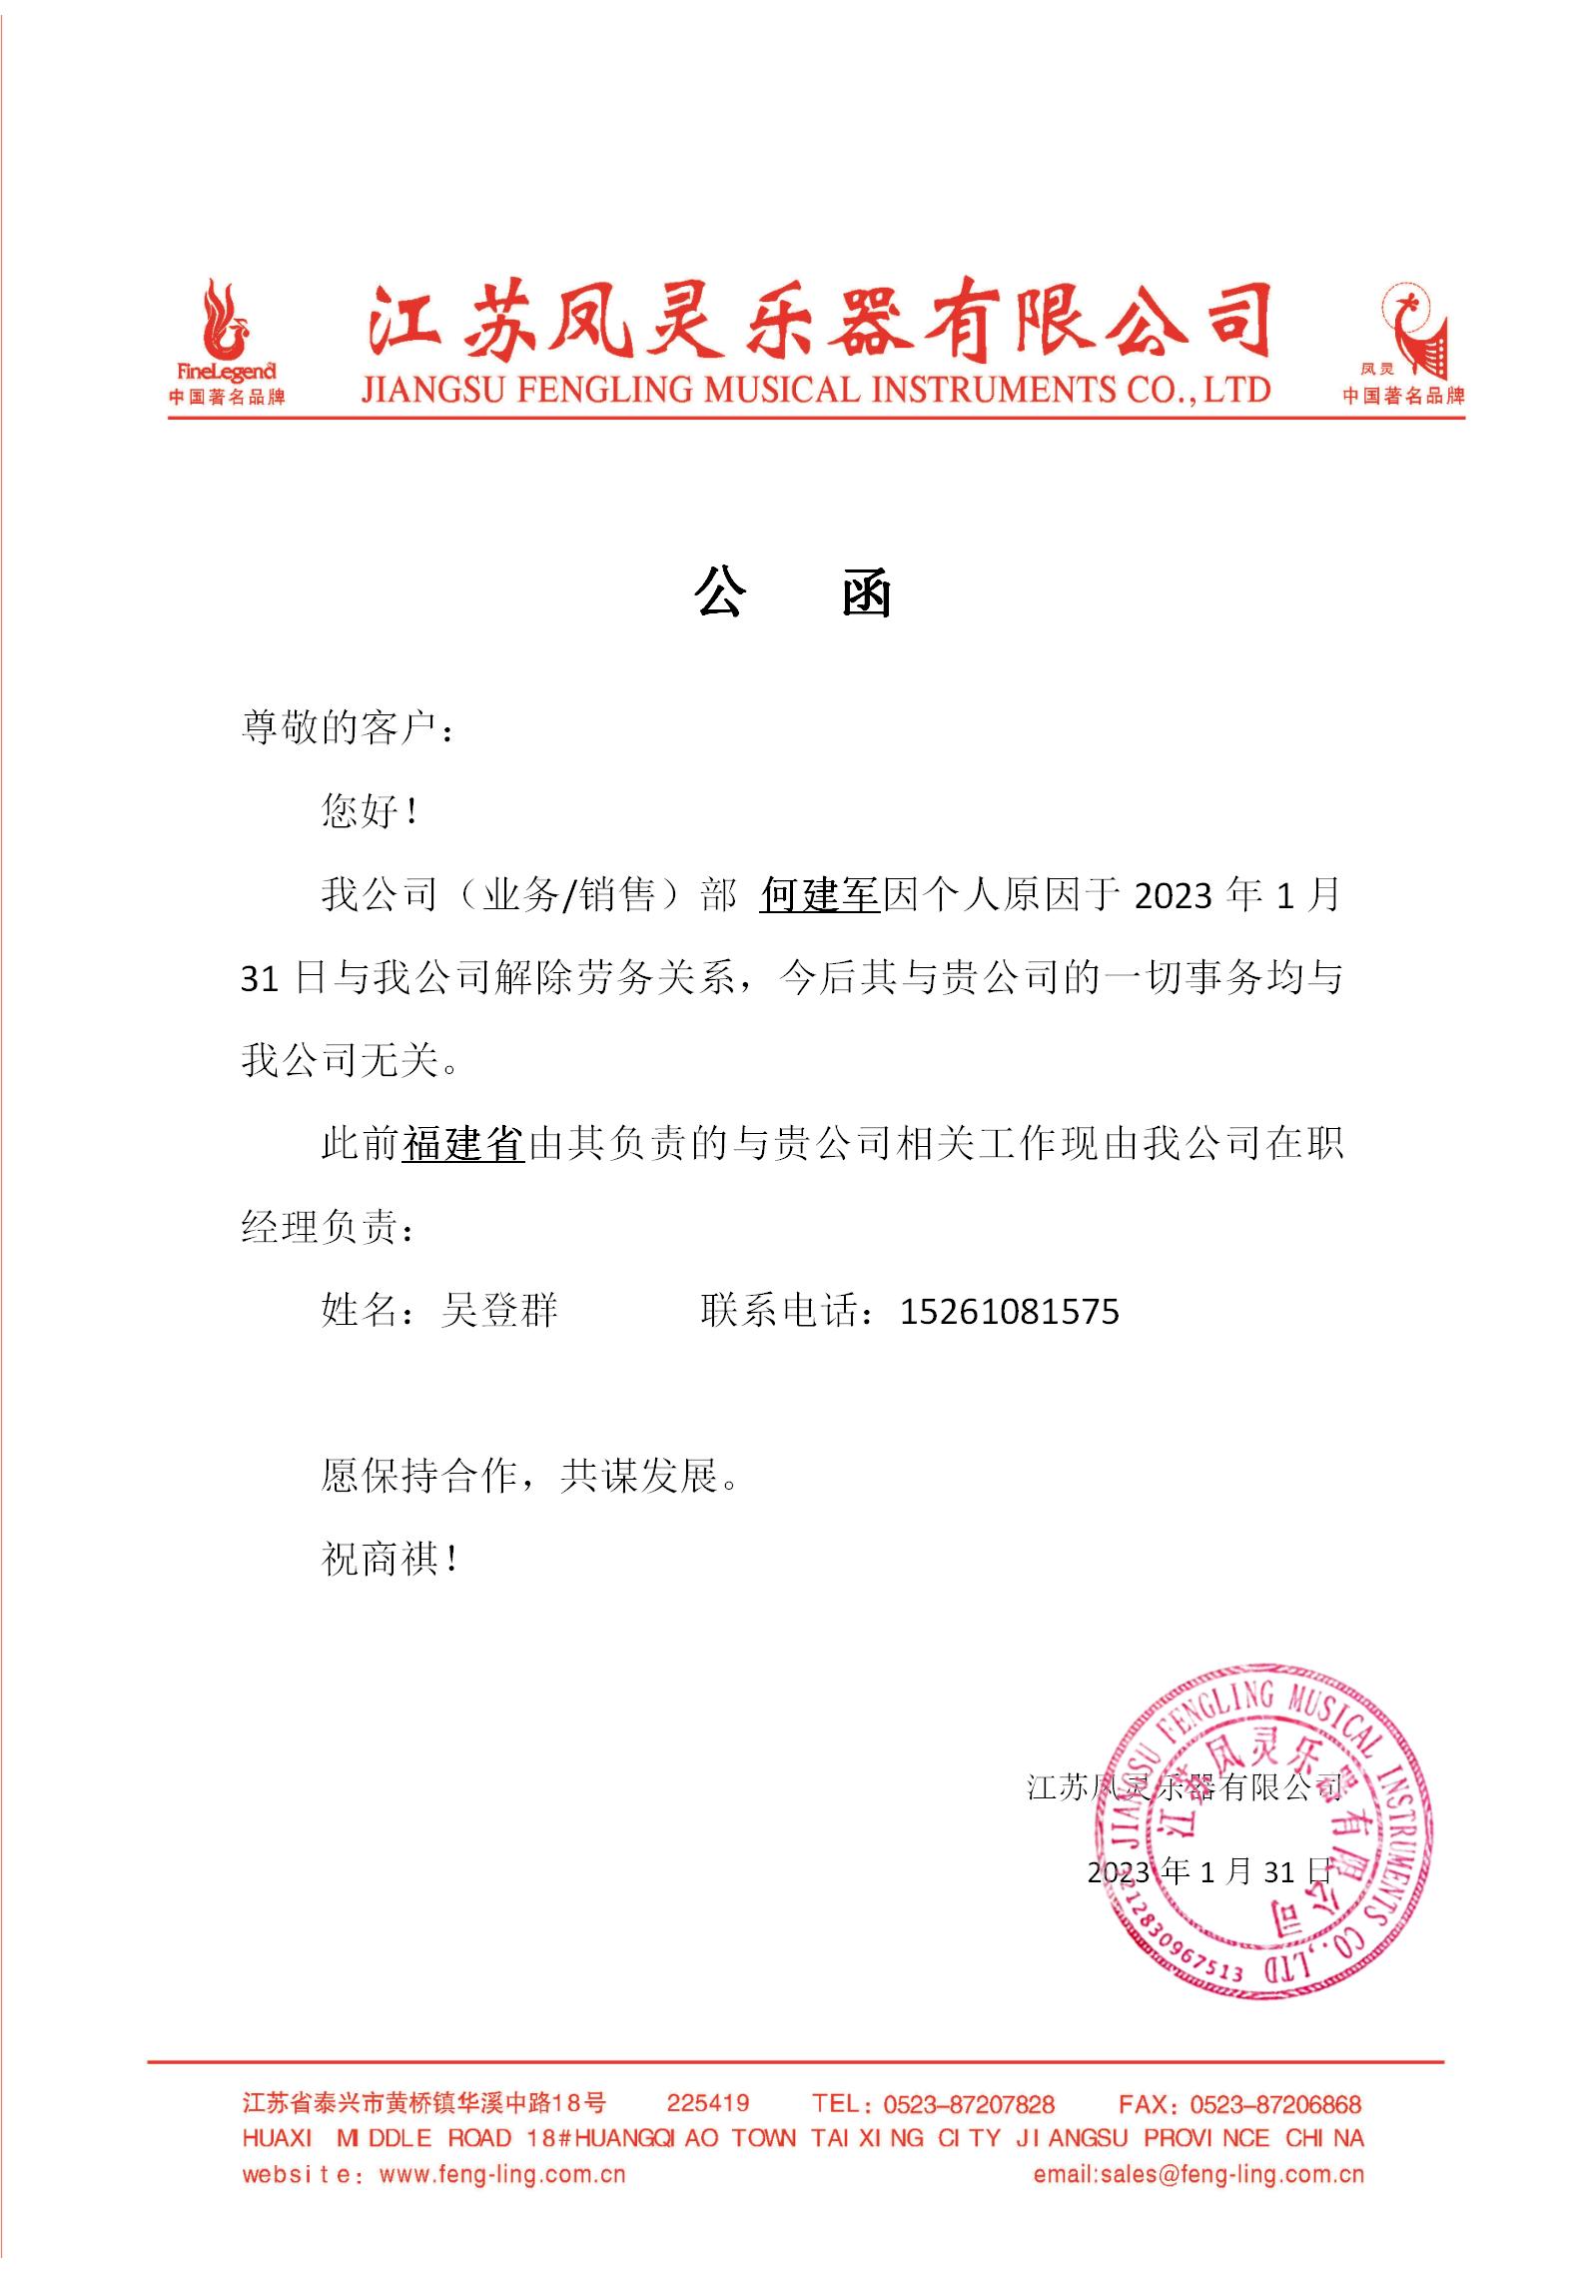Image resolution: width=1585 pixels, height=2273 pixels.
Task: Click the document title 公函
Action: tap(792, 595)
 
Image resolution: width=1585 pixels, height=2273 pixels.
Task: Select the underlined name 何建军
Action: tap(818, 894)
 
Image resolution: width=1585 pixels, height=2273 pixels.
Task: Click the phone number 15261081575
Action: tap(1010, 1311)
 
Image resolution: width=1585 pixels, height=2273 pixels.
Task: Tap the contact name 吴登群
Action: tap(499, 1311)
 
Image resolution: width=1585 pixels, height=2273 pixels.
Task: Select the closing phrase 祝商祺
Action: tap(388, 1559)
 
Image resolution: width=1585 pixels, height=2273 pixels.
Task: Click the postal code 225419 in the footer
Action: tap(708, 2103)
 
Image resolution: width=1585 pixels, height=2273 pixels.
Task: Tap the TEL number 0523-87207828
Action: tap(969, 2104)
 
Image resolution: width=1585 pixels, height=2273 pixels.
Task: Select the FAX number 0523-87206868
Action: tap(1275, 2104)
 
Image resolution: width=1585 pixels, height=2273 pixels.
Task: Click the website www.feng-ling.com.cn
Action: tap(502, 2174)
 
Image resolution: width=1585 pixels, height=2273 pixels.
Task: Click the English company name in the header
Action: tap(815, 389)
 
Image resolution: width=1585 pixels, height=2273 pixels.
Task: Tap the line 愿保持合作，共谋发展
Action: tap(529, 1475)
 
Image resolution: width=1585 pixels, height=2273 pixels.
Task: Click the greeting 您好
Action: tap(368, 810)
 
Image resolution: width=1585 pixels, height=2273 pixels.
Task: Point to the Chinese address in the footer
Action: tap(423, 2103)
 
